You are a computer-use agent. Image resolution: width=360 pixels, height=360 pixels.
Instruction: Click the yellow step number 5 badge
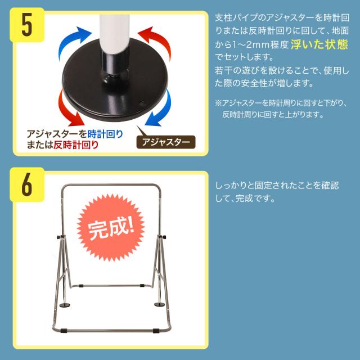(x=27, y=25)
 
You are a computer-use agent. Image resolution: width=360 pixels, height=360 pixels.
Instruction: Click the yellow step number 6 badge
(x=27, y=184)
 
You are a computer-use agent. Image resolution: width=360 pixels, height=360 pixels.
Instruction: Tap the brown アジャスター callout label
(x=166, y=142)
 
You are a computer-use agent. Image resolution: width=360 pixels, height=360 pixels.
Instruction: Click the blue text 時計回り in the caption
(x=105, y=134)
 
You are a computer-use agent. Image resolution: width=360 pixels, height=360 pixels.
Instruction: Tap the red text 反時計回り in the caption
(x=76, y=145)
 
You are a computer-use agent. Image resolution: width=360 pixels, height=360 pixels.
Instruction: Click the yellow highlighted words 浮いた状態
(x=319, y=44)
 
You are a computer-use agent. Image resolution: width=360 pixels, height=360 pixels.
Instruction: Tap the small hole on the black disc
(x=142, y=102)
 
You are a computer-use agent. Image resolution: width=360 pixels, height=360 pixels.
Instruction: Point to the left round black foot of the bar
(x=65, y=305)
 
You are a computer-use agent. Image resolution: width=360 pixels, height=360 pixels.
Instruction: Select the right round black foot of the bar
(x=160, y=305)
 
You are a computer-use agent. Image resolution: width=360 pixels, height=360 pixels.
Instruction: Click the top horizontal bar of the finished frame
(x=111, y=184)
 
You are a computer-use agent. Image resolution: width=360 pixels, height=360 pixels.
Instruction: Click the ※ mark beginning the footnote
(x=218, y=103)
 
